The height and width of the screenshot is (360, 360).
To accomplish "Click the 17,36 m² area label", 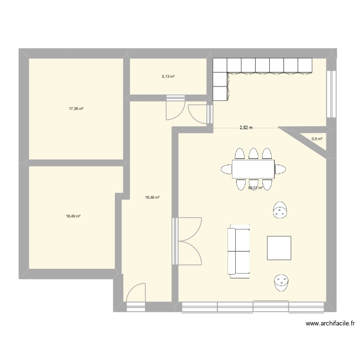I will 76,109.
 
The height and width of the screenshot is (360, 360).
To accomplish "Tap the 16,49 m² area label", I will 73,216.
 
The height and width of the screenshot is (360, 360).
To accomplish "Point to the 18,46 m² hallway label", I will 152,197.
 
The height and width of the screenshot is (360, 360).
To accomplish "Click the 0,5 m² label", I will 317,139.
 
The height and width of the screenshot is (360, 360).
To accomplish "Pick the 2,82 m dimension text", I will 246,128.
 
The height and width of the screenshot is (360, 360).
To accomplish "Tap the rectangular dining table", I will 253,169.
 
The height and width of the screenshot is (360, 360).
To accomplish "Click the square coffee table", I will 279,248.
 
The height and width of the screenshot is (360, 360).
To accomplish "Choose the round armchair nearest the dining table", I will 280,210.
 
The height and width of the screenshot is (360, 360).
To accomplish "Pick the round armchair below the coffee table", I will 281,282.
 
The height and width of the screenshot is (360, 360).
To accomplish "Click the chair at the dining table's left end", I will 227,168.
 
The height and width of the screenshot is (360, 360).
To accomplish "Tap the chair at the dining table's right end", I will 280,168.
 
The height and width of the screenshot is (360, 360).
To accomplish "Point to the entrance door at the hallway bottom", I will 136,294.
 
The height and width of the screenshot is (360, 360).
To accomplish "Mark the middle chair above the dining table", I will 253,154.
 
